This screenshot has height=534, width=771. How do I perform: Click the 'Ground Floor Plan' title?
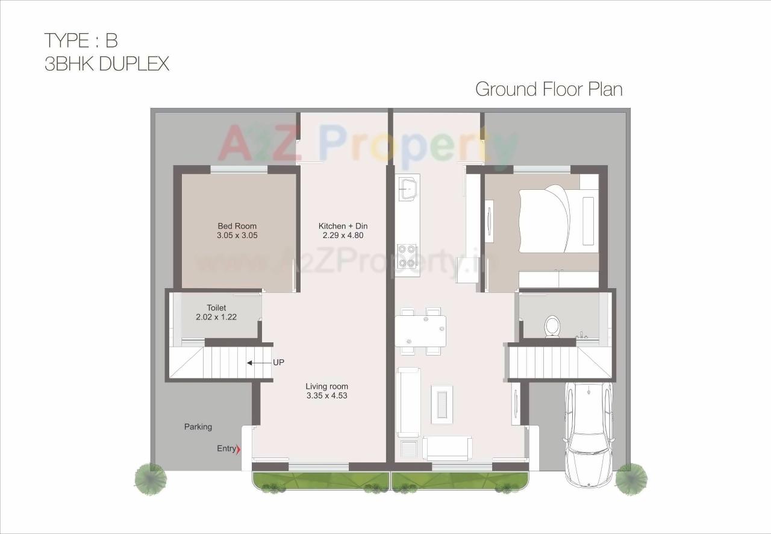click(549, 89)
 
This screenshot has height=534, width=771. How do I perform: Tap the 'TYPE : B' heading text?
click(81, 40)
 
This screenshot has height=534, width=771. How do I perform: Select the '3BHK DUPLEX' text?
click(107, 64)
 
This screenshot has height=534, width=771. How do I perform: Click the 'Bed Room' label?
click(237, 226)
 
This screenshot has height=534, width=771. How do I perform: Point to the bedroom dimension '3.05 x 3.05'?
click(237, 236)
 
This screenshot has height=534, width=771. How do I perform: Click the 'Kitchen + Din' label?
click(343, 226)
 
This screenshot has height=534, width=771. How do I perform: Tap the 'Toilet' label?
click(216, 308)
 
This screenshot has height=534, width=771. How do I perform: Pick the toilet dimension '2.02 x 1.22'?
click(216, 317)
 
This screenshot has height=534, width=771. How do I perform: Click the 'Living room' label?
click(326, 386)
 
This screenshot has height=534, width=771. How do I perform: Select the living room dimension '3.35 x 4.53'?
click(326, 396)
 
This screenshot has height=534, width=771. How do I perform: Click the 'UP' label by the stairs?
click(278, 363)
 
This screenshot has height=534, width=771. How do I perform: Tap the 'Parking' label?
click(198, 427)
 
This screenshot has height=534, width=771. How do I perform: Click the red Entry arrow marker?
click(239, 449)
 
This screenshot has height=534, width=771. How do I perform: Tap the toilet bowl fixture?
click(552, 327)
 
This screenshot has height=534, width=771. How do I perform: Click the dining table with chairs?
click(420, 330)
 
